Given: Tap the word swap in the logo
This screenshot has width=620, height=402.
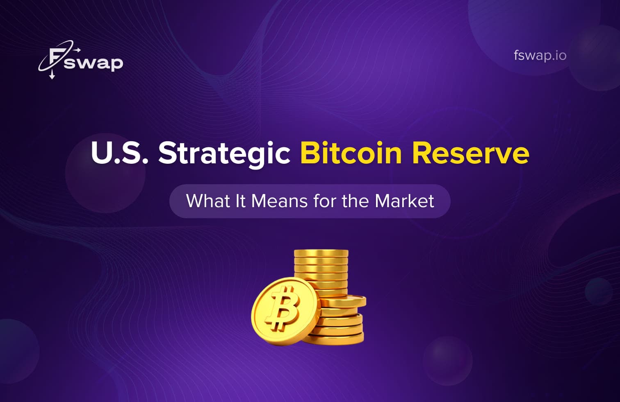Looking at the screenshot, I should (x=93, y=63).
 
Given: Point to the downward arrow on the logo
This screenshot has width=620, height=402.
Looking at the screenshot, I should (x=52, y=75).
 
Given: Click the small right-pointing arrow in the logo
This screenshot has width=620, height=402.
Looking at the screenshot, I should (x=77, y=50).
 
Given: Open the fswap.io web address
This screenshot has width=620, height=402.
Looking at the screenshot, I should (x=540, y=55).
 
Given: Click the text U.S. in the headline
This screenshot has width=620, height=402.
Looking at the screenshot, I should (x=119, y=153).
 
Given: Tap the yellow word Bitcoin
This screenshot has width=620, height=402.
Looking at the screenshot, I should (x=351, y=153).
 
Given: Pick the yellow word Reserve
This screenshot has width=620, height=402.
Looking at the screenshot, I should (x=470, y=153).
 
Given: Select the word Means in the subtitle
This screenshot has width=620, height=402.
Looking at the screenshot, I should (x=279, y=201).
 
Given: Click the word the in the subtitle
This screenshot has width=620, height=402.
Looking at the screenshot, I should (x=356, y=201).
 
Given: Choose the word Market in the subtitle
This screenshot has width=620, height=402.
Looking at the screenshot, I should (x=404, y=201).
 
